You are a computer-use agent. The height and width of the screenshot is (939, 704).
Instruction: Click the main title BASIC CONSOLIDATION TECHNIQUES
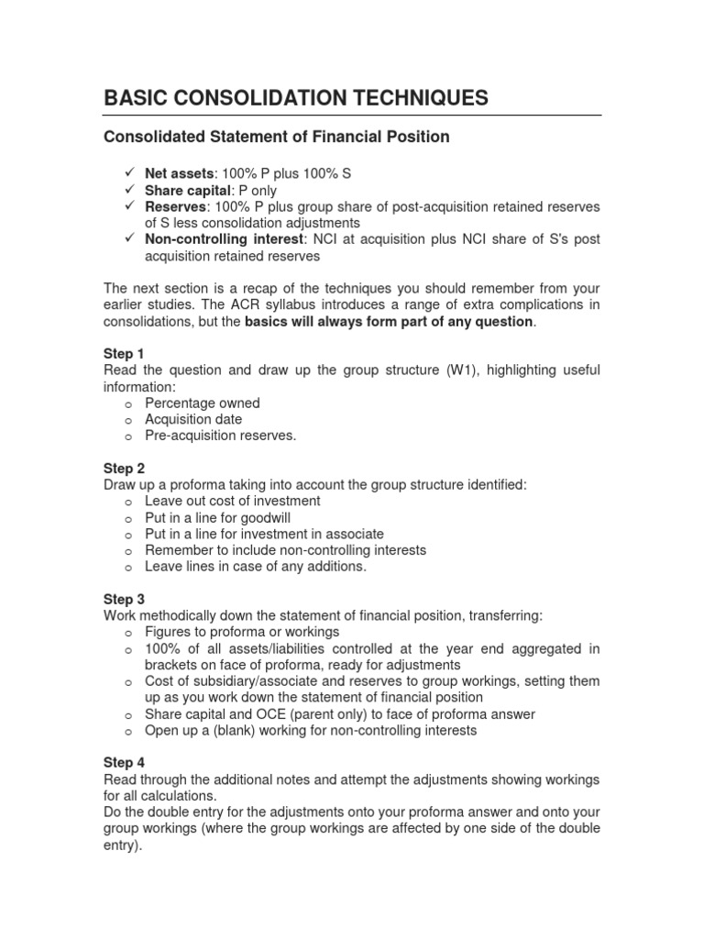(x=296, y=97)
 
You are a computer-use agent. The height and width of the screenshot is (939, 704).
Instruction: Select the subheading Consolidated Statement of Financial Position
(x=276, y=138)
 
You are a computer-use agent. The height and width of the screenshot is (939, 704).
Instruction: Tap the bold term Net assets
(x=178, y=173)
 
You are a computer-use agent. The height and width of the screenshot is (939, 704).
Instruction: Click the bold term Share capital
(x=184, y=190)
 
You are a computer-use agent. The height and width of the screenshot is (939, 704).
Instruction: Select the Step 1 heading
(x=124, y=353)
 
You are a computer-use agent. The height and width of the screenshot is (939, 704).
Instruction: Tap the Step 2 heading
(x=124, y=468)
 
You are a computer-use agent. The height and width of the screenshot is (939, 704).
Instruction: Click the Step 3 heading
(x=124, y=599)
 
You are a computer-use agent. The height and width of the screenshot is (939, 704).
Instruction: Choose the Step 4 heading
(x=124, y=762)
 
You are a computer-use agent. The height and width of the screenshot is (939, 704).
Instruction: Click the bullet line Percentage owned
(x=203, y=403)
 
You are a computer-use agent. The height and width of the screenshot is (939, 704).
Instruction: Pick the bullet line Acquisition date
(x=193, y=419)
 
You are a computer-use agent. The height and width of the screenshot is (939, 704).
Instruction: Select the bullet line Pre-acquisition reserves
(x=221, y=436)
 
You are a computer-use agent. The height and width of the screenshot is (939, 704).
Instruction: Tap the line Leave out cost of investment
(x=233, y=501)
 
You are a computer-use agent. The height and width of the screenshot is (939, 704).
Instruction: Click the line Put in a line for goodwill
(x=225, y=517)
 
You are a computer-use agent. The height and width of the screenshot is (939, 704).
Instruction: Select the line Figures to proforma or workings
(x=242, y=632)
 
